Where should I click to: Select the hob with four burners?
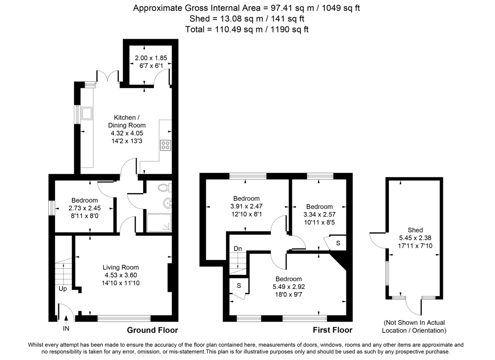coord(166,145)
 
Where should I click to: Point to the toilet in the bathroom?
coord(164,188)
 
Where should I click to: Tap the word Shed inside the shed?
coord(415,230)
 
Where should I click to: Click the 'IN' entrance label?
coord(66,329)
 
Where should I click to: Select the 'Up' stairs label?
coord(63,289)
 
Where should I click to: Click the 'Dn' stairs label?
coord(238,249)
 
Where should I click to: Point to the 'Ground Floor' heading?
coord(152,330)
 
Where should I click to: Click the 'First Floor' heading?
coord(332,330)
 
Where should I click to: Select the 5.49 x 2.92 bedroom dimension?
coord(288,287)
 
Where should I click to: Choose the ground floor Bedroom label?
coord(84,200)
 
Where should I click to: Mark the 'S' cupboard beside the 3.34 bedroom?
coord(338,243)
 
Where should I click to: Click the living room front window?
coord(124,318)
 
